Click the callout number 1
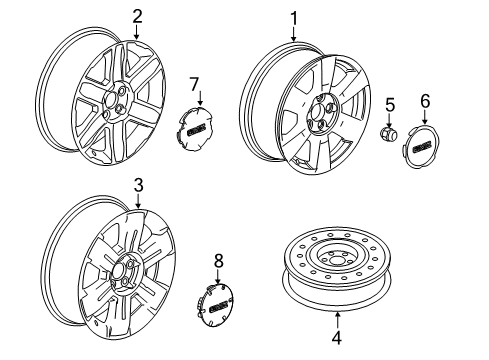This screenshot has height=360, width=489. point(294,17)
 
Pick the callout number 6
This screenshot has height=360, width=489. point(424,100)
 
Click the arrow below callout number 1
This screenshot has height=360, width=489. point(294,34)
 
